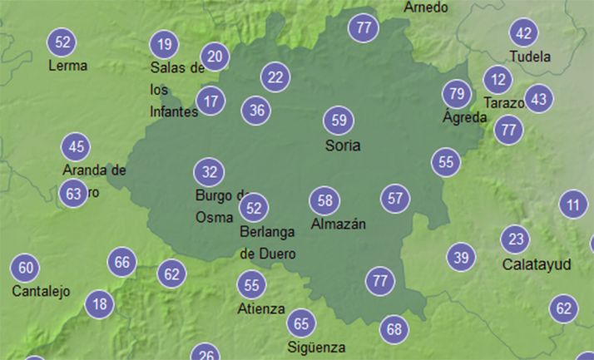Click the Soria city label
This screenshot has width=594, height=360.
(343, 145)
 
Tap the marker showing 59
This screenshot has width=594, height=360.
(339, 121)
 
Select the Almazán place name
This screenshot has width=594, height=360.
(338, 224)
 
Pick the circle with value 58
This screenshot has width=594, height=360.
(325, 200)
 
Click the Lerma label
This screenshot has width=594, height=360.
(68, 65)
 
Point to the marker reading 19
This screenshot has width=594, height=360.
(165, 44)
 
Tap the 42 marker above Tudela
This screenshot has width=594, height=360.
(523, 33)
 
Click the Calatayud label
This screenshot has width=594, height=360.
(537, 264)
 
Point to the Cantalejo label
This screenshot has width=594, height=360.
(42, 292)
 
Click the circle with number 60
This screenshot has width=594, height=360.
(26, 268)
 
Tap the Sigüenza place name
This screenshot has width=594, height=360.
(316, 347)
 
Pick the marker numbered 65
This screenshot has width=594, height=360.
(301, 323)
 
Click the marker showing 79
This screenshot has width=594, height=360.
(455, 93)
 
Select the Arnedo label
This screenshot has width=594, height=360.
(426, 7)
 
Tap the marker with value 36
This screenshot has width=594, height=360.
(257, 110)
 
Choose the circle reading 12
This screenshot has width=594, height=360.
(498, 80)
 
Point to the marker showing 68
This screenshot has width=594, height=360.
(394, 329)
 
